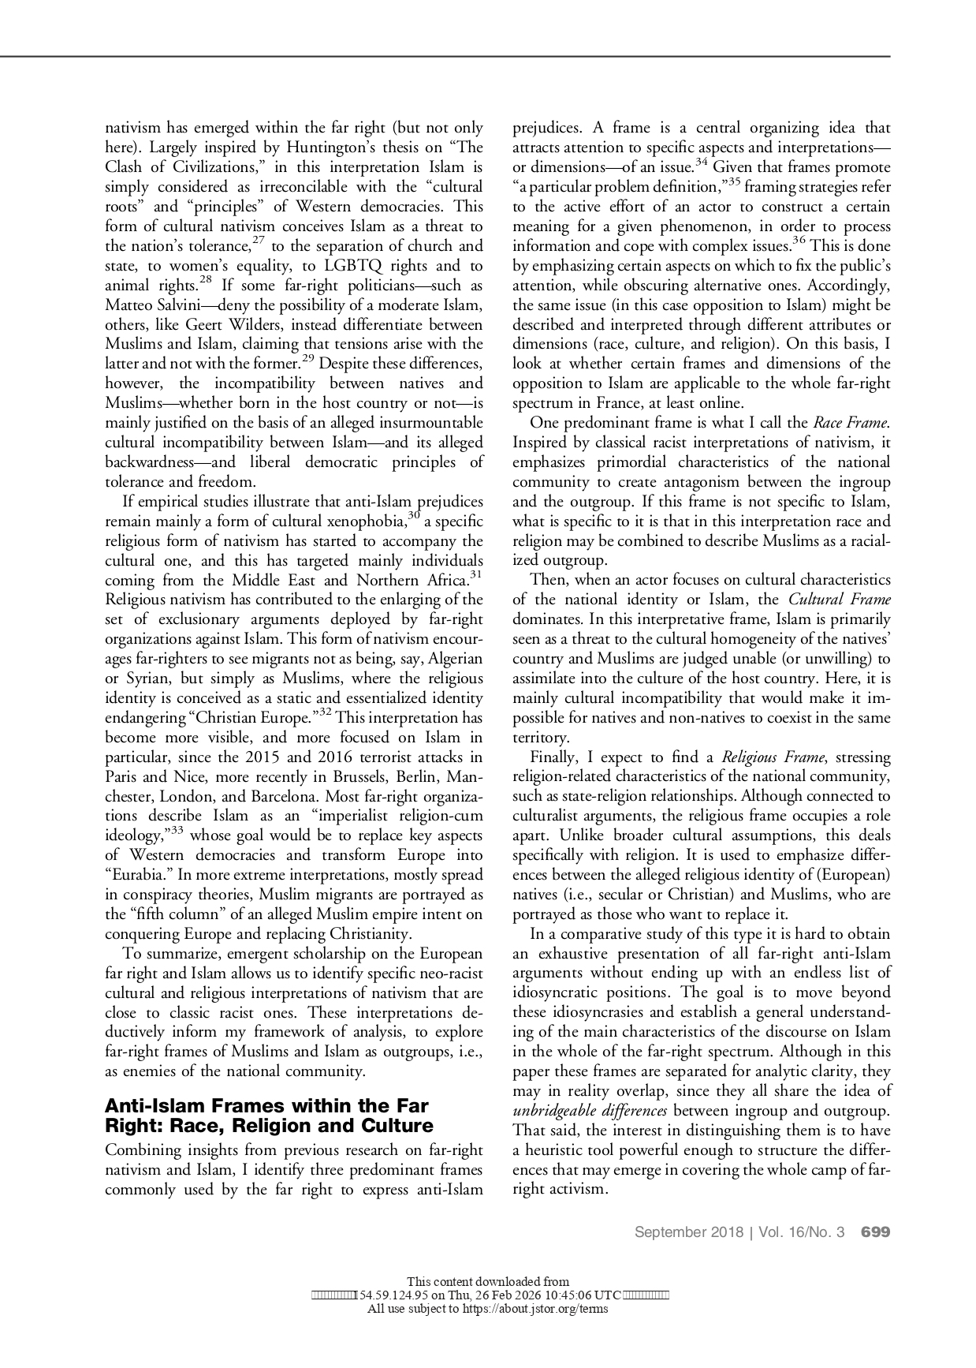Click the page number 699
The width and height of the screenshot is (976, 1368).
pos(875,1232)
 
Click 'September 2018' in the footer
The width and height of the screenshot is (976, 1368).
pos(688,1232)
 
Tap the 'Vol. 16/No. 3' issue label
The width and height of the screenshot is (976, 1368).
pos(802,1232)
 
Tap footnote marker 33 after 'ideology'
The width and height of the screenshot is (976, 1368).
pos(177,830)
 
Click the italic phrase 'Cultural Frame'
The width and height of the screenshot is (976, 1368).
pos(839,600)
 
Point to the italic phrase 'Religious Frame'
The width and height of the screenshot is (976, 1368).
pos(773,757)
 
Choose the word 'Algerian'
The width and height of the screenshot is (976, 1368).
pos(452,659)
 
